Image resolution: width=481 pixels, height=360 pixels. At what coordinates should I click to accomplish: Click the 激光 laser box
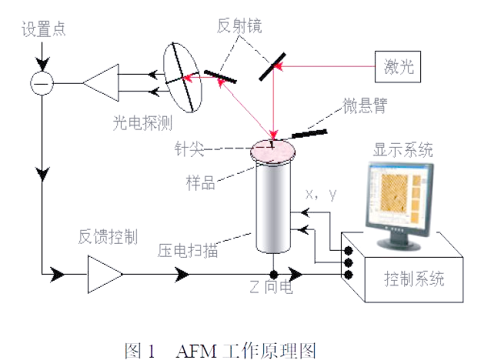pos(399,66)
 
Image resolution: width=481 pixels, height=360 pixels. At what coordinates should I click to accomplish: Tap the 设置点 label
pos(43,28)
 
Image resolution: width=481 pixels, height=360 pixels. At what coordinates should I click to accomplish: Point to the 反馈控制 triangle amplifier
pos(105,273)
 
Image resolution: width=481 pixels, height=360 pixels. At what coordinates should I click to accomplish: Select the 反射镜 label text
pos(239,27)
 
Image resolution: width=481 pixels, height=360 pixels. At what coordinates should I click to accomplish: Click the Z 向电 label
pos(272,289)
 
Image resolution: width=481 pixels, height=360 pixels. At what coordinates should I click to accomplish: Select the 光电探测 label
pos(143,122)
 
